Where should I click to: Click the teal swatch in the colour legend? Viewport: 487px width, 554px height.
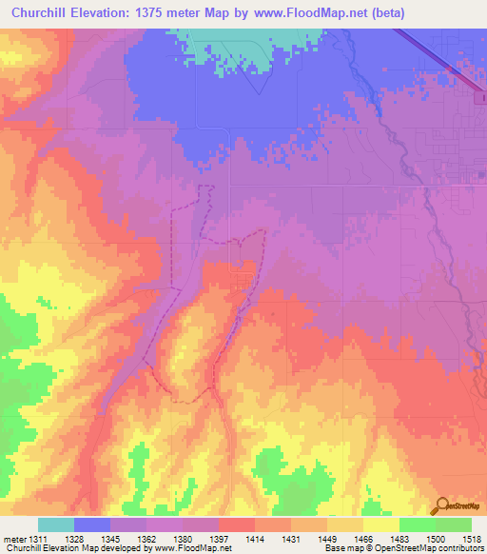click(56, 524)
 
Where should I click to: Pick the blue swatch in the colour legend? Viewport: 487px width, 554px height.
click(92, 524)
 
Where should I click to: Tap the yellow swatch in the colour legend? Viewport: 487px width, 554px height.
click(380, 524)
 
